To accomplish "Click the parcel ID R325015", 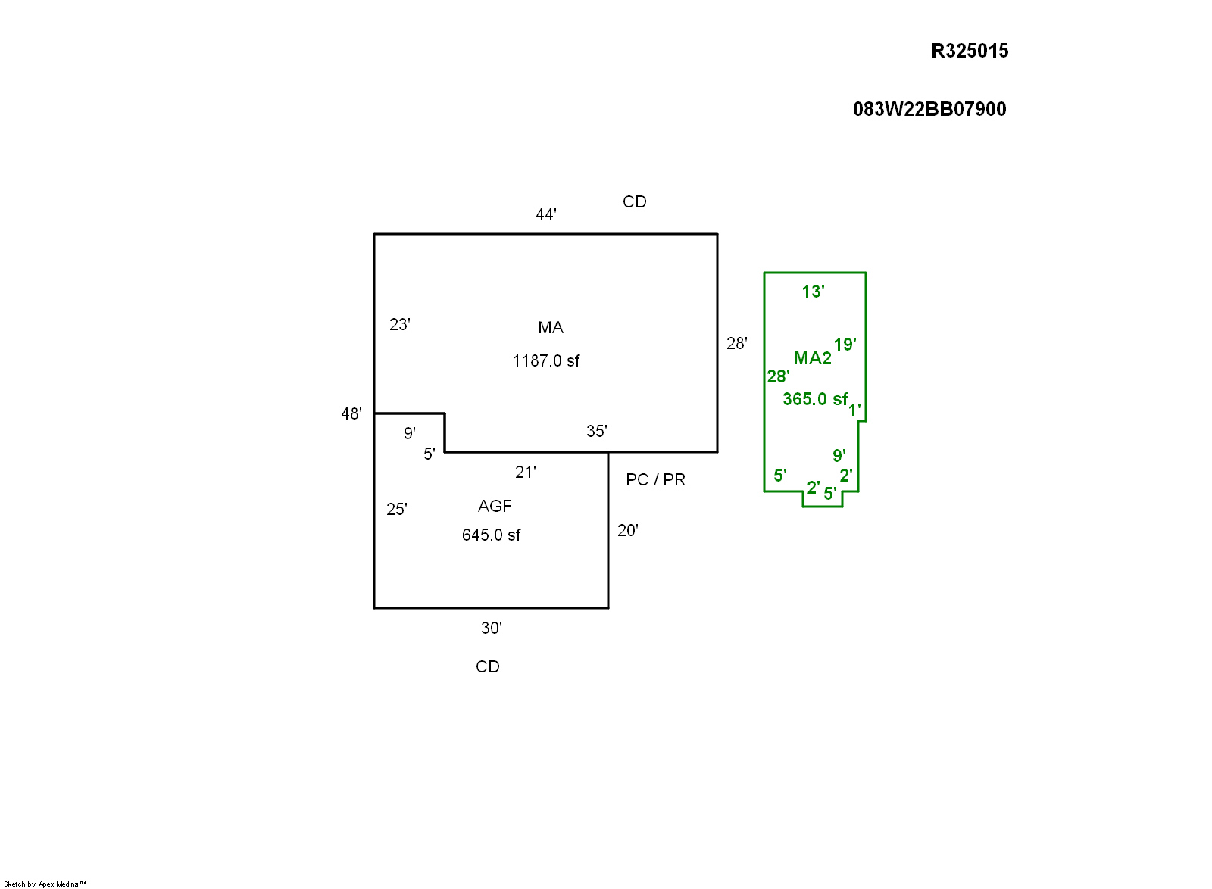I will pos(970,51).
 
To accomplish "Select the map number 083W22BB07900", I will pos(929,109).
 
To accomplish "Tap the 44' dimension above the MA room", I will pos(545,214).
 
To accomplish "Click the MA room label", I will pos(551,327).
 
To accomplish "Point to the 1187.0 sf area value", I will pos(545,360).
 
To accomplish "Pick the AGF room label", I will pos(495,506).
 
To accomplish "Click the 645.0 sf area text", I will pos(491,535).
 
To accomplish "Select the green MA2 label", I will pos(812,358).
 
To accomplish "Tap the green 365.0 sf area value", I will pos(814,399).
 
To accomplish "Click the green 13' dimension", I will pos(813,292).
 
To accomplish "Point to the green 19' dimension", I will pos(845,345).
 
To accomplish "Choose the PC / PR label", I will pos(655,479).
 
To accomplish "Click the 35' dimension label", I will pos(596,431).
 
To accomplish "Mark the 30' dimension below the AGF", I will pos(491,628).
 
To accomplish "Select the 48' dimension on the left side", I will pos(351,413).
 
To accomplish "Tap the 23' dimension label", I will pos(399,324).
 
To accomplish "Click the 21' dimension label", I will pos(525,472).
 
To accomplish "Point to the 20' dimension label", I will pos(627,530).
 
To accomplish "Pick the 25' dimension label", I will pos(396,509).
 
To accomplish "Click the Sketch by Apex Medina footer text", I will pos(45,884).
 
